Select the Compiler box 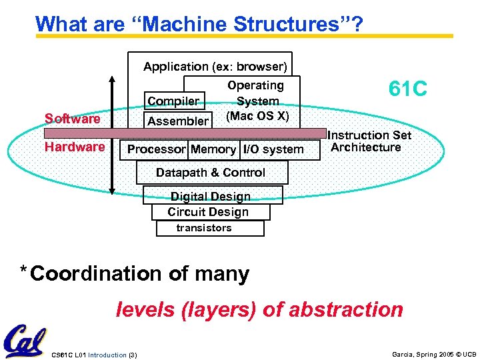pos(173,101)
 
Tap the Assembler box pos(177,121)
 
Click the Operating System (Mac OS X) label pos(257,100)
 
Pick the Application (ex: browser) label pos(215,67)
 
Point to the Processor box pos(156,149)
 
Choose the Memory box pos(213,149)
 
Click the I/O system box pos(273,149)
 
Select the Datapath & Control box pos(211,173)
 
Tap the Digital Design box pos(211,196)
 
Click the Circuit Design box pos(208,212)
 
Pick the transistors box pos(204,228)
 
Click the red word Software pos(72,119)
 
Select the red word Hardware pos(75,147)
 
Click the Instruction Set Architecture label pos(371,141)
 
